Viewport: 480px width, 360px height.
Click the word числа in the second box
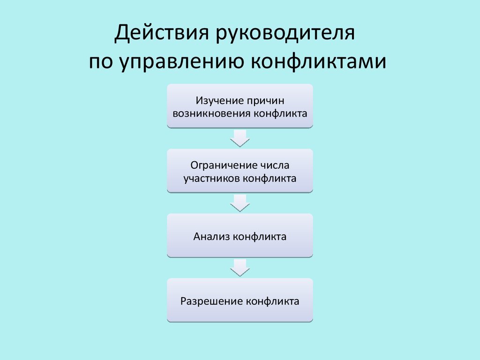pyautogui.click(x=276, y=165)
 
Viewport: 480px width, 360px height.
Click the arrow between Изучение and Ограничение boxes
pyautogui.click(x=240, y=138)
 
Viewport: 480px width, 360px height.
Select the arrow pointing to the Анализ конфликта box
pyautogui.click(x=240, y=203)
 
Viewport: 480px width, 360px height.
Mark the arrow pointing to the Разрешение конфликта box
pyautogui.click(x=240, y=268)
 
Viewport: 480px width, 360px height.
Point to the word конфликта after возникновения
pyautogui.click(x=281, y=113)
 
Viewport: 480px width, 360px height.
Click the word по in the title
pyautogui.click(x=100, y=62)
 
